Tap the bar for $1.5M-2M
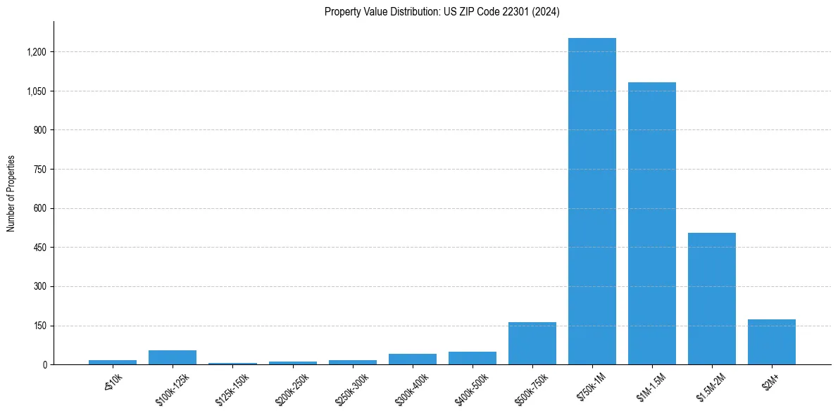[x=712, y=298]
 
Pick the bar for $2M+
[x=772, y=342]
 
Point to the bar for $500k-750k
[x=532, y=343]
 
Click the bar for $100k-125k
[x=173, y=357]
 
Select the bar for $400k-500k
[x=472, y=358]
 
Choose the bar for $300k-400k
[x=412, y=359]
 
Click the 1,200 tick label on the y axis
[x=37, y=52]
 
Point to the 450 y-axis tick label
[x=40, y=248]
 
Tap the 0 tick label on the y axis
[x=44, y=365]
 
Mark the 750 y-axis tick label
[x=40, y=170]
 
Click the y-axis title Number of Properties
[x=11, y=193]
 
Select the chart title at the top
[x=442, y=12]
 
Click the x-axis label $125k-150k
[x=231, y=387]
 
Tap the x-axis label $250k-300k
[x=351, y=387]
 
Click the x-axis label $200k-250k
[x=291, y=387]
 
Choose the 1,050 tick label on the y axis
[x=37, y=91]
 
